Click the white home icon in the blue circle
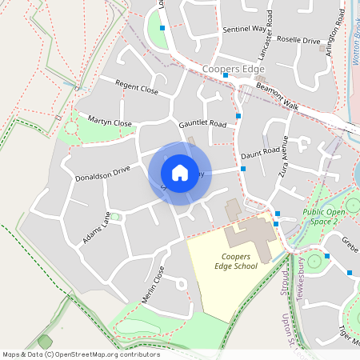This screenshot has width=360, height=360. click(180, 172)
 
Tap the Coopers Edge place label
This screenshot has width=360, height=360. click(233, 70)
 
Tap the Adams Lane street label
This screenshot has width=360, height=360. click(96, 228)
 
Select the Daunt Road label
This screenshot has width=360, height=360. click(260, 150)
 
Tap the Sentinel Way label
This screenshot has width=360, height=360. click(243, 28)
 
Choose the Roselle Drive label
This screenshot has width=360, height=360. click(298, 40)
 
